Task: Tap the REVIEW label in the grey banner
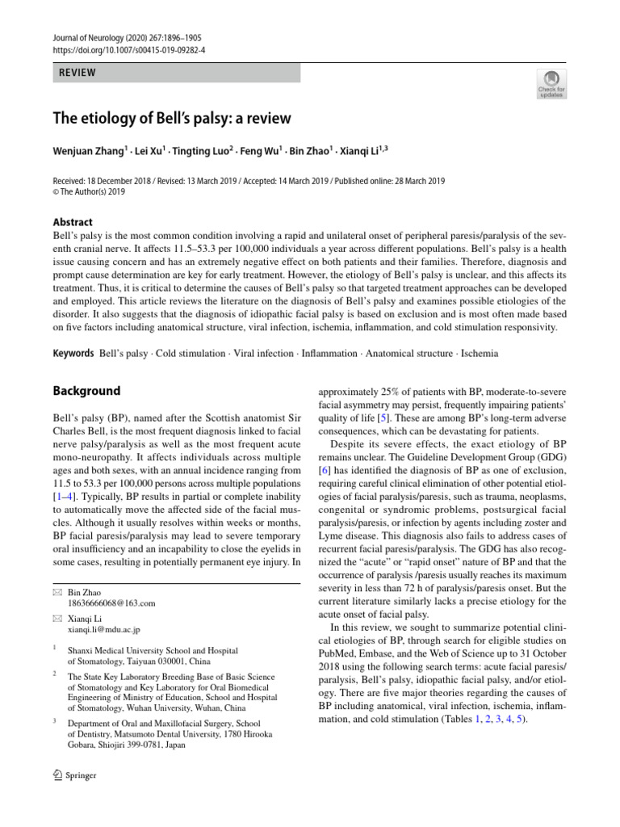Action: (77, 73)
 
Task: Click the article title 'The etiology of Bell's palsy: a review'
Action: (172, 118)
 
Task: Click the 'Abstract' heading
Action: (72, 222)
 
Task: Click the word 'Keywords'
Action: (73, 354)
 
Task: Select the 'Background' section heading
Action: (86, 391)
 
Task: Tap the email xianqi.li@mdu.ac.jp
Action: (104, 628)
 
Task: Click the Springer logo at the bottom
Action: (74, 775)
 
